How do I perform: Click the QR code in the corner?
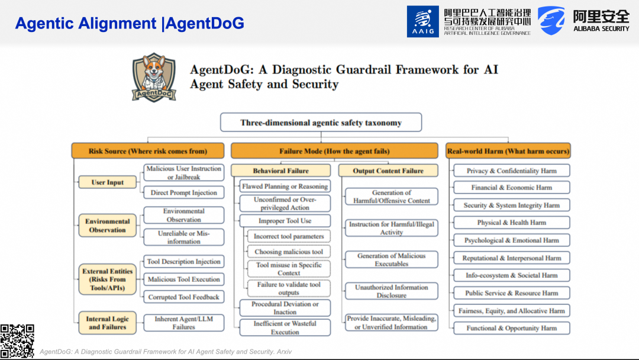[17, 342]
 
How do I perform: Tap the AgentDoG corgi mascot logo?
[154, 78]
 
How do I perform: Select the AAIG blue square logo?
[422, 21]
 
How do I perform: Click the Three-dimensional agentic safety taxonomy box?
[321, 123]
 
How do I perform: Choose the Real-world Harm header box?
[508, 151]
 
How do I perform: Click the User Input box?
[108, 182]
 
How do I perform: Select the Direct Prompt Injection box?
[184, 192]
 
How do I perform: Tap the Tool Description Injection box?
[184, 262]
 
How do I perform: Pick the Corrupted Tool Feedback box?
[184, 297]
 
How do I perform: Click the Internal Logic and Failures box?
[108, 323]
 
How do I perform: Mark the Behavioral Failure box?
[281, 171]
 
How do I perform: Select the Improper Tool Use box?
[285, 221]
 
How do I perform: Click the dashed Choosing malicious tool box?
[289, 252]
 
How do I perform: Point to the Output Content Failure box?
[388, 171]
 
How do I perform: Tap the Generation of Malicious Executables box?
[391, 260]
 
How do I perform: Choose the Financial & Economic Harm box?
[512, 188]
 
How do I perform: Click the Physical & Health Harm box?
[512, 223]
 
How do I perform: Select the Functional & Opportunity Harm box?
[512, 328]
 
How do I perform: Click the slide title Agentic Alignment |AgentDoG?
[130, 24]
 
